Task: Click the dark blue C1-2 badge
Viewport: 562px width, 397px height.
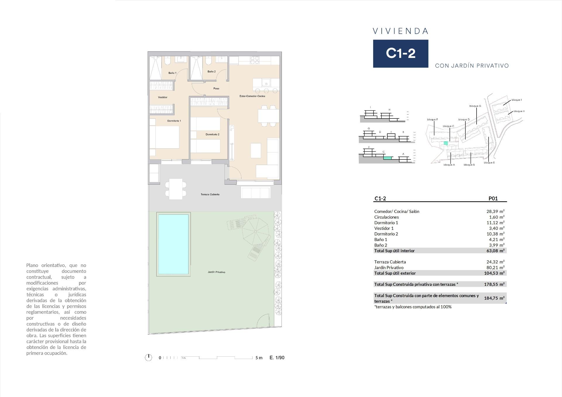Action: pyautogui.click(x=400, y=54)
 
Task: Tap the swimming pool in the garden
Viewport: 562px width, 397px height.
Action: pyautogui.click(x=173, y=244)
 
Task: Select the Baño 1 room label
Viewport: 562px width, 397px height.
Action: pyautogui.click(x=172, y=73)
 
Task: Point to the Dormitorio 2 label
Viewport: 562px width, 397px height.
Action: pyautogui.click(x=212, y=135)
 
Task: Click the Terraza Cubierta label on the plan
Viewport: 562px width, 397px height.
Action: pyautogui.click(x=210, y=195)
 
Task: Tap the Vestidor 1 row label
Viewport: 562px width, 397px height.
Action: pyautogui.click(x=384, y=228)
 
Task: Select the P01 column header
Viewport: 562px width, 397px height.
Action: pyautogui.click(x=493, y=198)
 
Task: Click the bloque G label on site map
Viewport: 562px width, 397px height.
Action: pyautogui.click(x=475, y=106)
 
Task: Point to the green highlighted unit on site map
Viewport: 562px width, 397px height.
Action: pyautogui.click(x=446, y=143)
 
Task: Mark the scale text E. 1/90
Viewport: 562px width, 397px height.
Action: pyautogui.click(x=277, y=358)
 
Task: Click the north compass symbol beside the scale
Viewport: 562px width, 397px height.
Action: pyautogui.click(x=149, y=358)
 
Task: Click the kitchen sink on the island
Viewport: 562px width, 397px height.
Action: pyautogui.click(x=267, y=81)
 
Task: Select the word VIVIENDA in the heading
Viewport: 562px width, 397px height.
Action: pyautogui.click(x=401, y=31)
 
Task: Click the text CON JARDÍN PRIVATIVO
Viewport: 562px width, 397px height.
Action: pyautogui.click(x=472, y=66)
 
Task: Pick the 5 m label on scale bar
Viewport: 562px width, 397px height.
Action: pyautogui.click(x=259, y=358)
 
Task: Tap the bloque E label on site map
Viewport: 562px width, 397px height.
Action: pyautogui.click(x=489, y=163)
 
